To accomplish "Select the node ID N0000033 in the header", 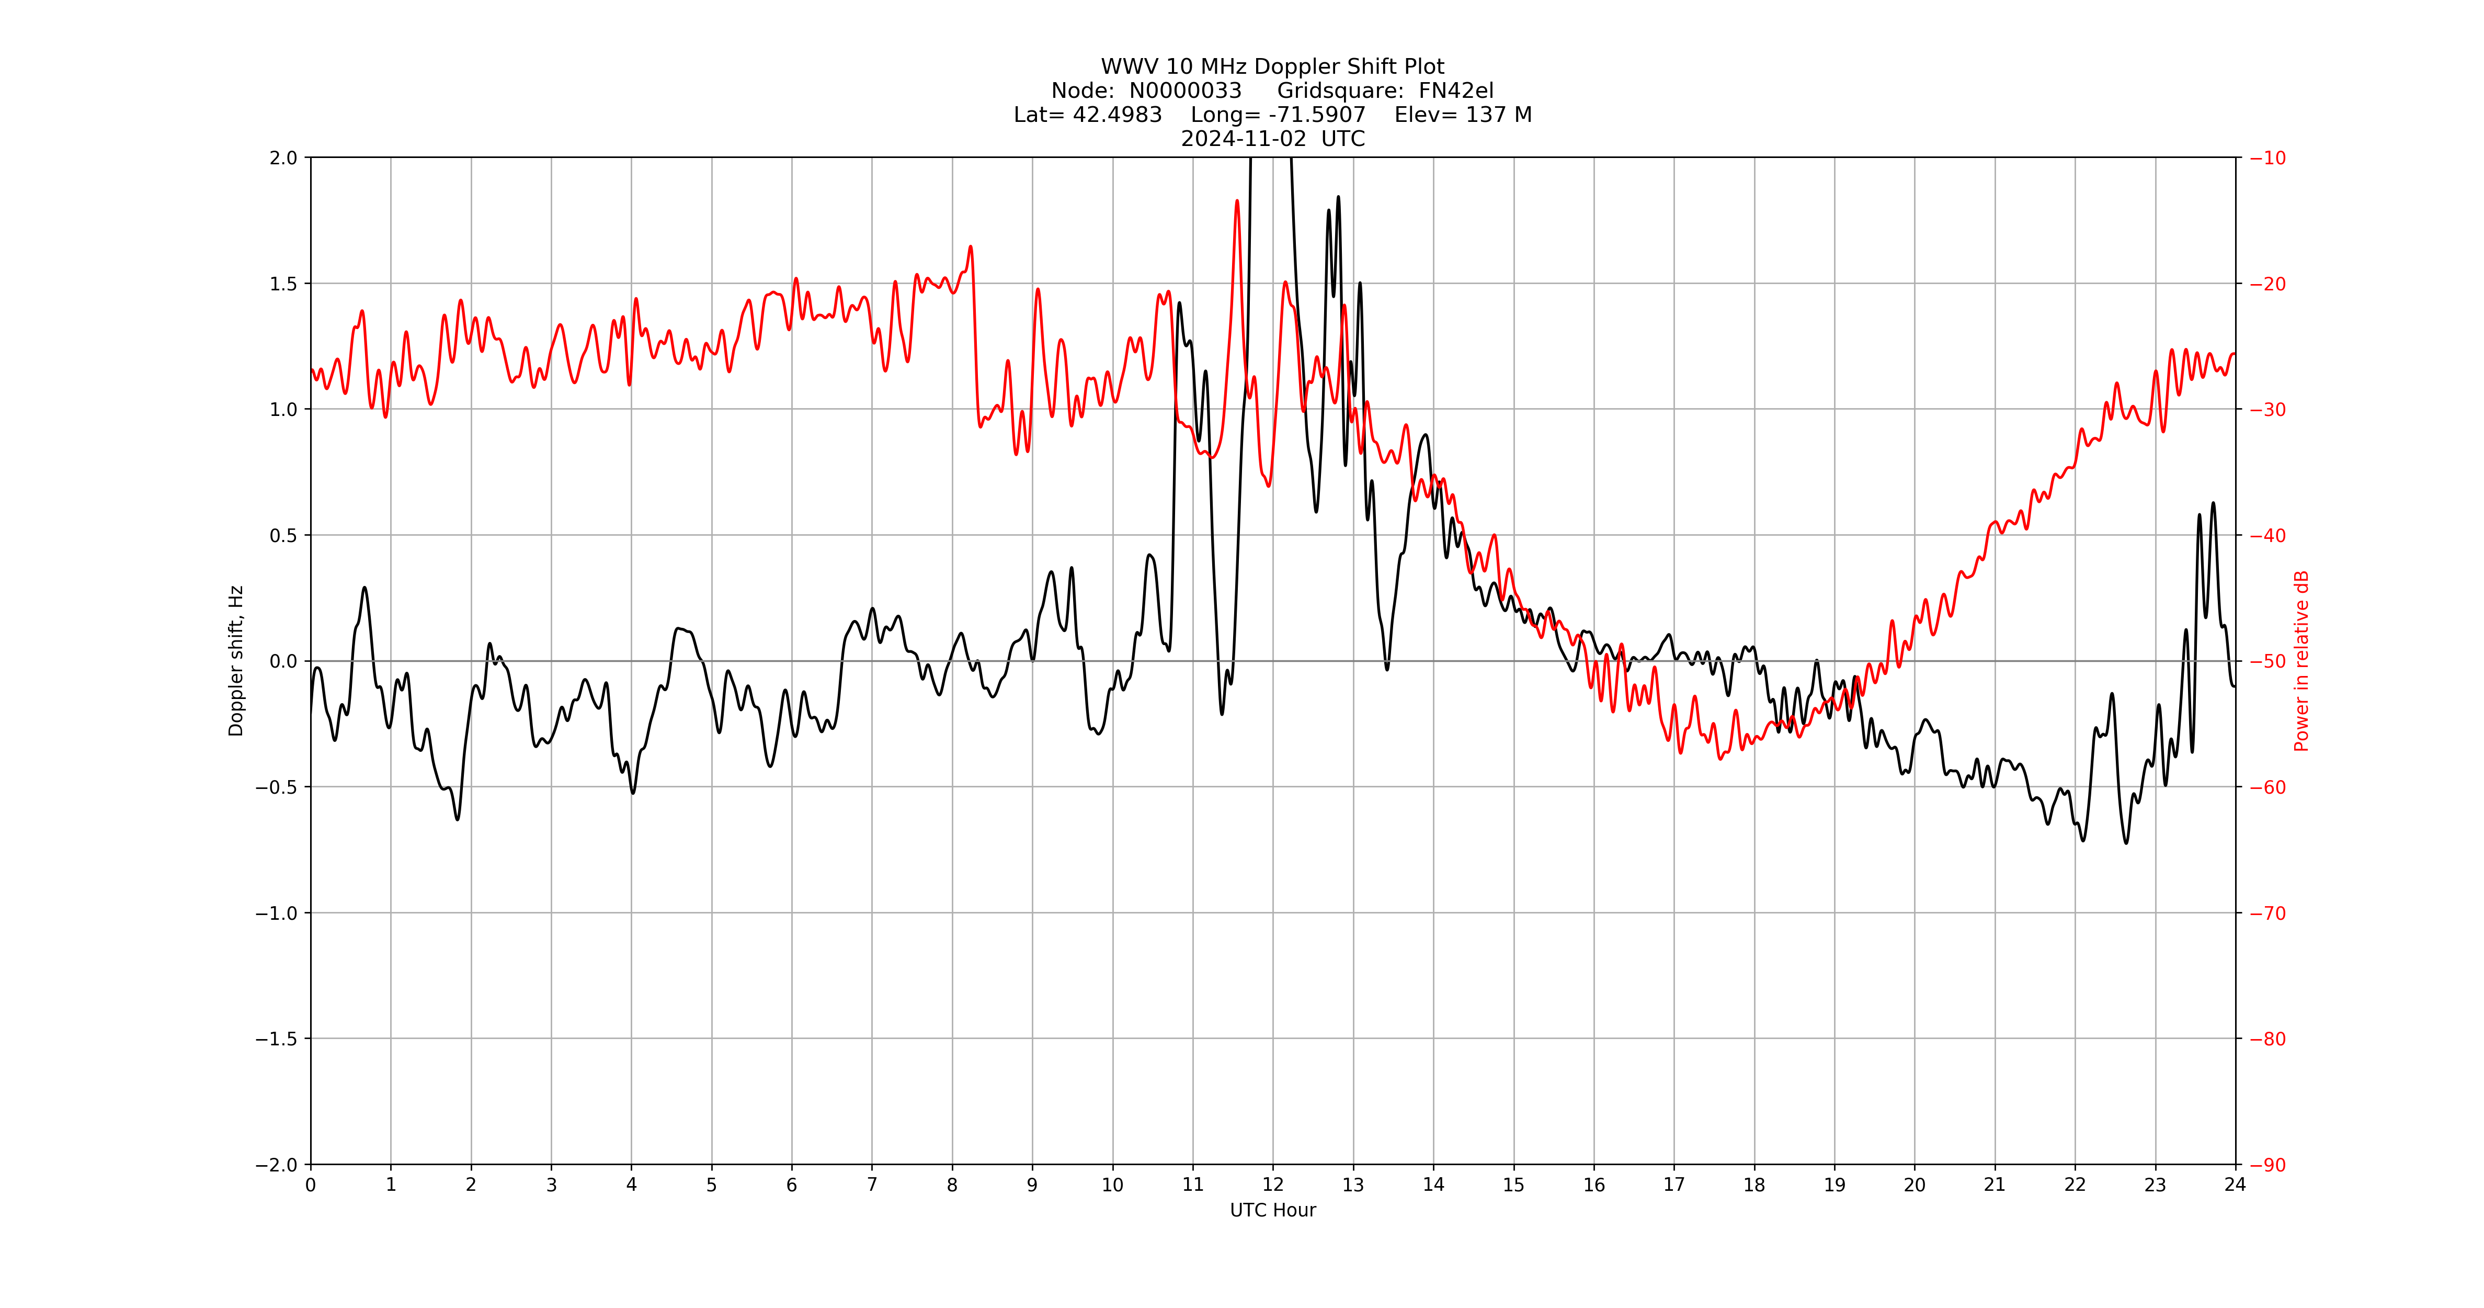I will tap(1185, 91).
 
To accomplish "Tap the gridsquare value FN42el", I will tap(1455, 91).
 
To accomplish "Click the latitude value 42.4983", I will tap(1116, 115).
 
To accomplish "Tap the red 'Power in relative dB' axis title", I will tap(2301, 661).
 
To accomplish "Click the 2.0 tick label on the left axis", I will tap(283, 158).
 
